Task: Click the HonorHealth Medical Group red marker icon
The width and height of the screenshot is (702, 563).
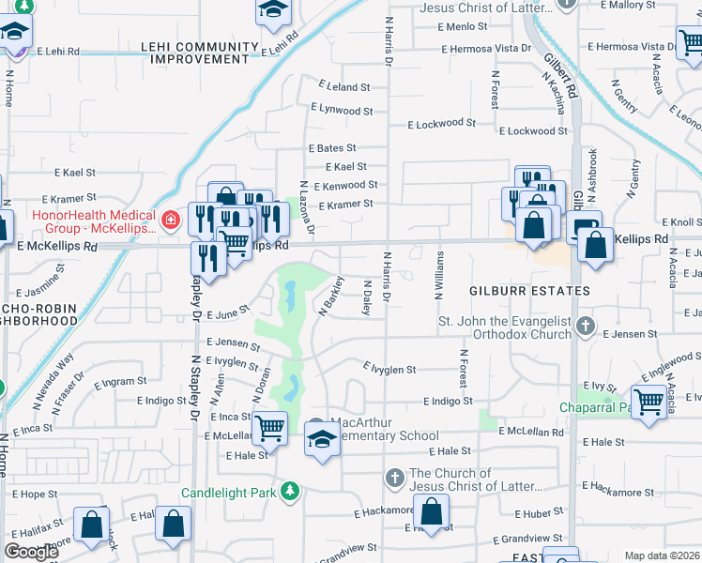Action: pos(170,221)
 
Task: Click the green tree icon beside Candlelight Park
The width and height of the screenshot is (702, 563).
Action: pos(291,491)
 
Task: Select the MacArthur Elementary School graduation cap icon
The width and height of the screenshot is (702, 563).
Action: pos(321,438)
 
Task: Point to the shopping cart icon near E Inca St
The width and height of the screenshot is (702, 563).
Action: pos(269,428)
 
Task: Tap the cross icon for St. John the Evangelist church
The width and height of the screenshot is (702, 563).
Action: pos(586,327)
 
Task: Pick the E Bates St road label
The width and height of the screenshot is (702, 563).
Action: pos(332,148)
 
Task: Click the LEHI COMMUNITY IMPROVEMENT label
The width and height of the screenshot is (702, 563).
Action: pos(199,53)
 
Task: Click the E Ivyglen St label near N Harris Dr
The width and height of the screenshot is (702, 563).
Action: pos(389,370)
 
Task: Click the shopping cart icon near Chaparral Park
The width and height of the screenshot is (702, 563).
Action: pos(649,402)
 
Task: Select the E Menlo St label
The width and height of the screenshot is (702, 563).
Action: pos(463,26)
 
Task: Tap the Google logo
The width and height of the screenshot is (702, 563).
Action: pos(31,551)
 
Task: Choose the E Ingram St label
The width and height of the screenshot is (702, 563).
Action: pos(121,382)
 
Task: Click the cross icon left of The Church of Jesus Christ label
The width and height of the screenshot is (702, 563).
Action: pos(395,479)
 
